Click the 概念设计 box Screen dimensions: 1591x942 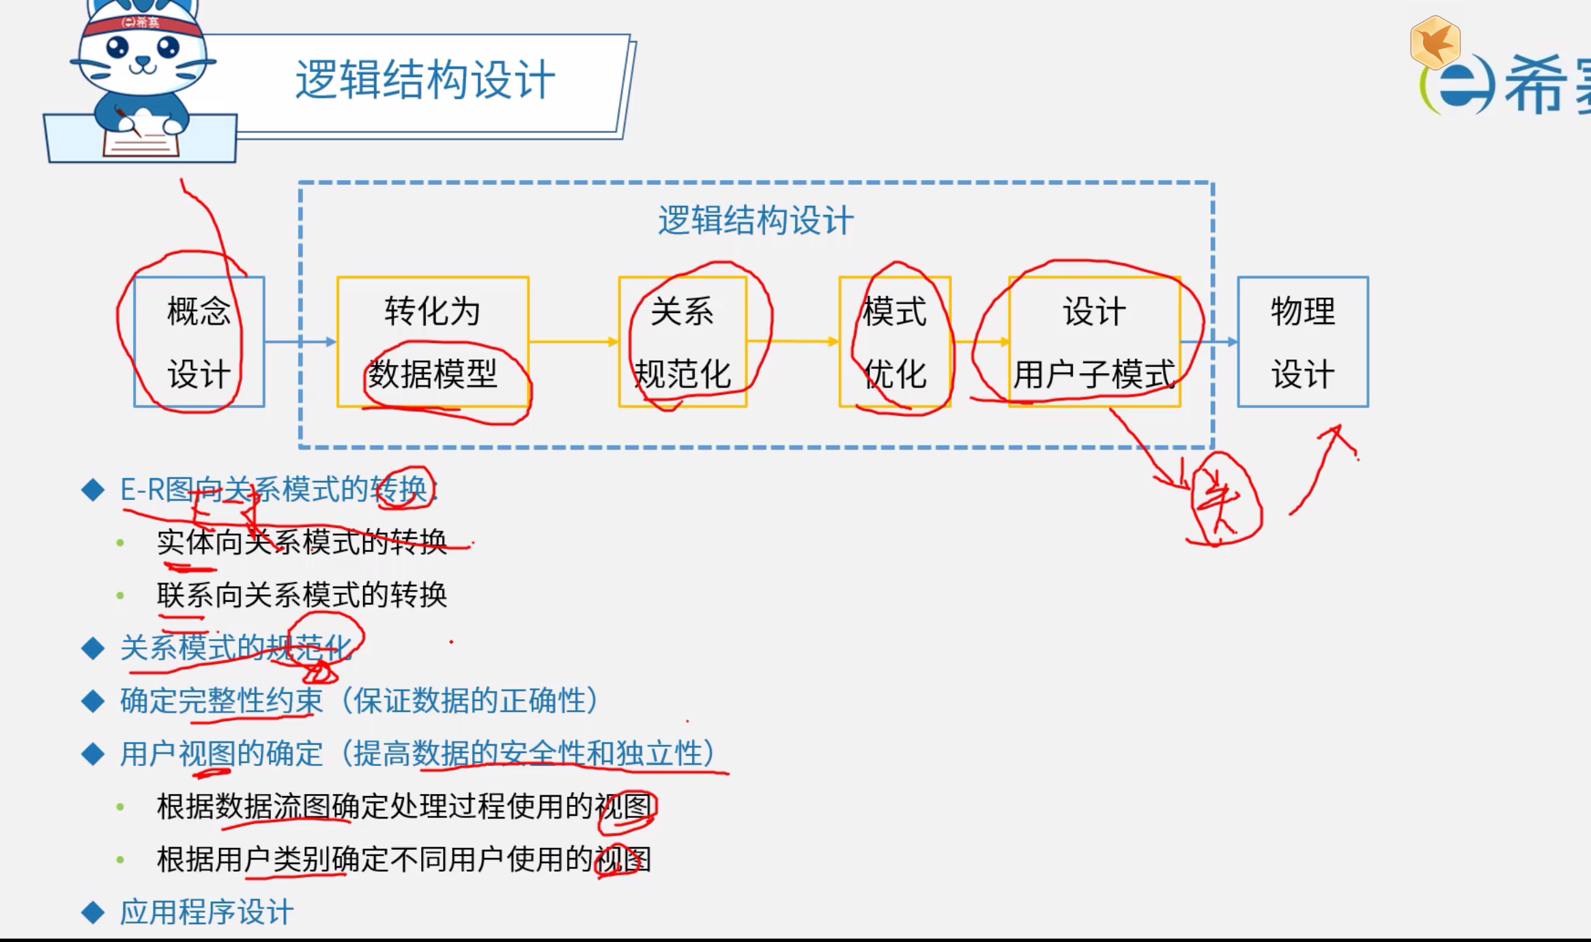click(199, 342)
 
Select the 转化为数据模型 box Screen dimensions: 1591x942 click(433, 342)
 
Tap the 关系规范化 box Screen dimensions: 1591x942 click(683, 342)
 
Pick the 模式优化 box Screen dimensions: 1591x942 click(894, 342)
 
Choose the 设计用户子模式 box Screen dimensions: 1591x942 click(1094, 342)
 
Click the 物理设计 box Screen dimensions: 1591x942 click(1302, 342)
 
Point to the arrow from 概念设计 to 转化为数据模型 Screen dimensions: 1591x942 click(300, 342)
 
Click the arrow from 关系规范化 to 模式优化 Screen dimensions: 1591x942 click(792, 341)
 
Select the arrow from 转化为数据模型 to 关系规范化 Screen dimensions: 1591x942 click(573, 341)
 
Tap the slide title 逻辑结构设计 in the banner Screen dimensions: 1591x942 click(425, 80)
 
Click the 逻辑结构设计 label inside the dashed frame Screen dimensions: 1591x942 click(755, 220)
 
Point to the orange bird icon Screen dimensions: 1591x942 click(1435, 43)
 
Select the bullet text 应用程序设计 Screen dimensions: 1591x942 click(207, 912)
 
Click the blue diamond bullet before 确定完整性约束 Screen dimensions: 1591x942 click(93, 701)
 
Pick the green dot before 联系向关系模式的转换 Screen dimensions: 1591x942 click(121, 595)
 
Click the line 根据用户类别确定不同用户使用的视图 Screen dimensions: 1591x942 click(403, 859)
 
